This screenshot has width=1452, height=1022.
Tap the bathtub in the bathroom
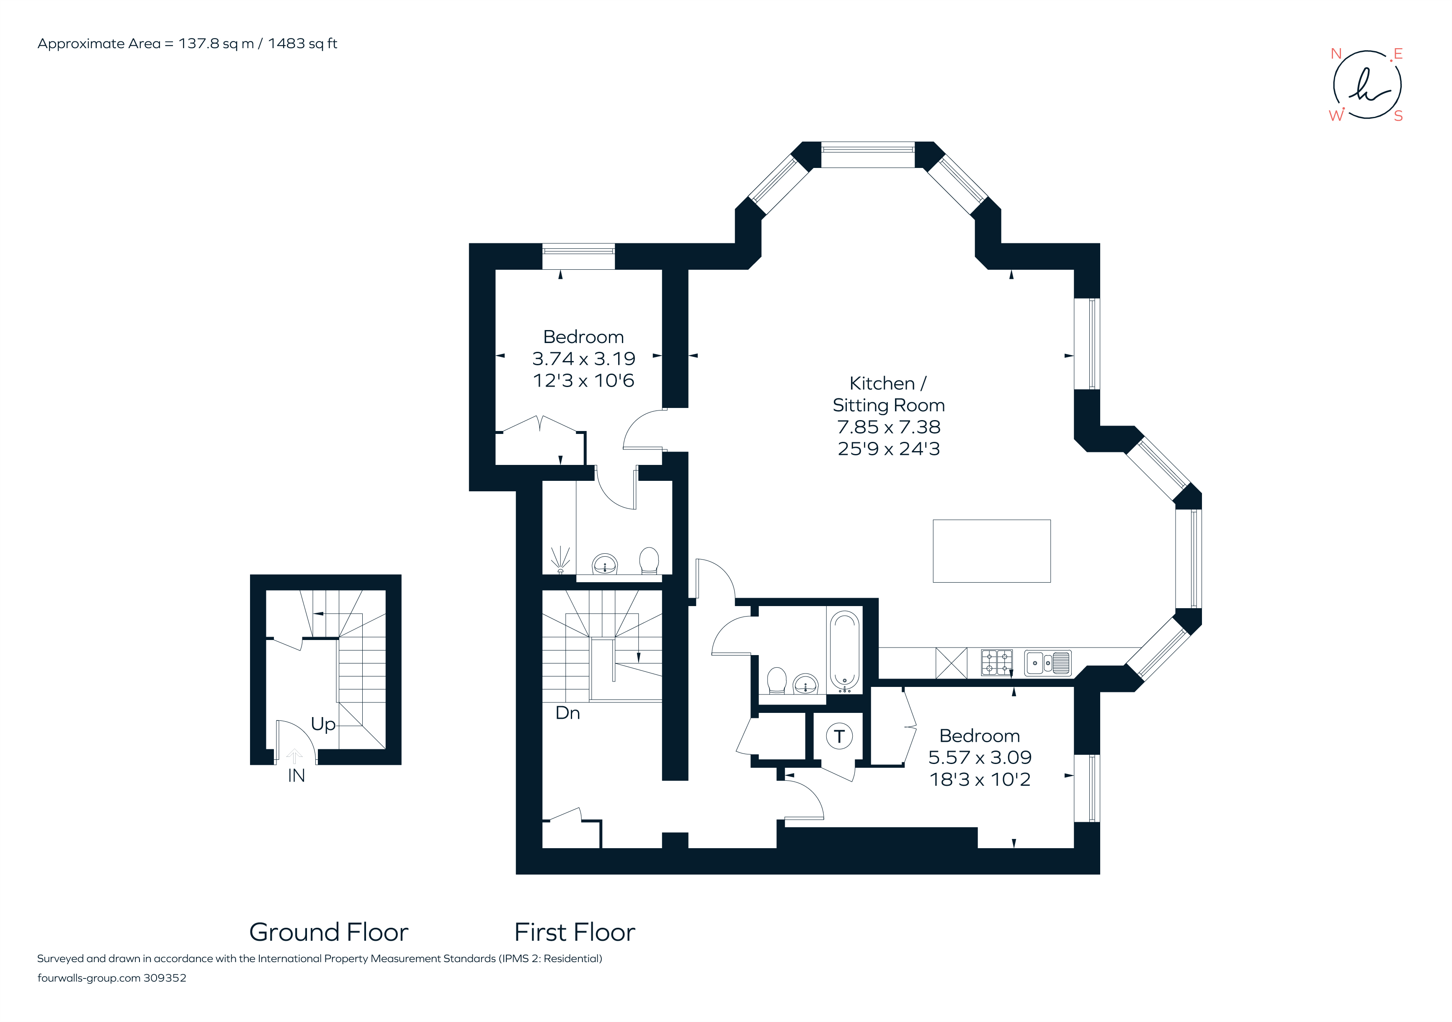pos(843,650)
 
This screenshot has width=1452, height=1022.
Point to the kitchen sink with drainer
pos(1047,663)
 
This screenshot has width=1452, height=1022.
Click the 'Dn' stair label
pos(567,713)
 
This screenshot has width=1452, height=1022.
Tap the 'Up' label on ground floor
pos(322,724)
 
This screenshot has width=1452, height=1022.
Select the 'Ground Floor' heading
pos(329,933)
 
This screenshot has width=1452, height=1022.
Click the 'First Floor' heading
pos(574,933)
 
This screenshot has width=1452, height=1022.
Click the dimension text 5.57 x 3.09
pos(979,758)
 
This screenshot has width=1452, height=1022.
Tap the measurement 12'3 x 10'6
pos(583,381)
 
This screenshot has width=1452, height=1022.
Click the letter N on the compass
pos(1336,54)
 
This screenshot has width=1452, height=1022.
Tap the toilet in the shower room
pos(649,561)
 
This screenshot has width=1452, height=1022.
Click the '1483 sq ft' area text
pos(302,44)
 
